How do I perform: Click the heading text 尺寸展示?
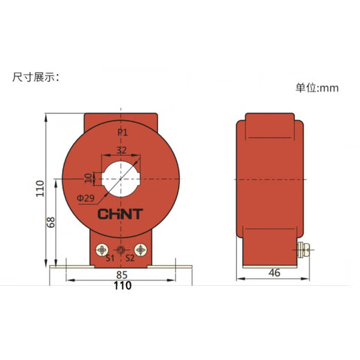pyautogui.click(x=36, y=76)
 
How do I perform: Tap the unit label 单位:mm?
pyautogui.click(x=321, y=89)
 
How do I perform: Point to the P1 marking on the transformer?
pyautogui.click(x=122, y=132)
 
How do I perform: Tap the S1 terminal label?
pyautogui.click(x=109, y=260)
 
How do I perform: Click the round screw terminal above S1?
pyautogui.click(x=102, y=249)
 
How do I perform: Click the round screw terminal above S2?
pyautogui.click(x=142, y=249)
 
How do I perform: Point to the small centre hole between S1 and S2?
pyautogui.click(x=122, y=250)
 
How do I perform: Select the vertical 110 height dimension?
pyautogui.click(x=40, y=189)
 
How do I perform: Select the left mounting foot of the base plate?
pyautogui.click(x=69, y=267)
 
